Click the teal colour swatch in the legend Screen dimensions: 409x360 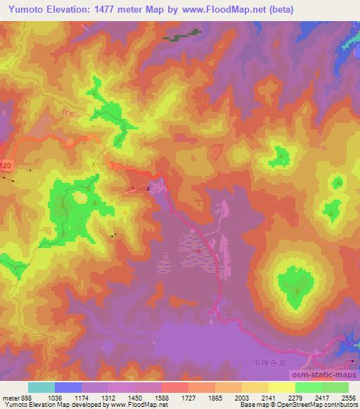pos(41,387)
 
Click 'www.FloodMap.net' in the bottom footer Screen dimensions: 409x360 pos(143,405)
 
